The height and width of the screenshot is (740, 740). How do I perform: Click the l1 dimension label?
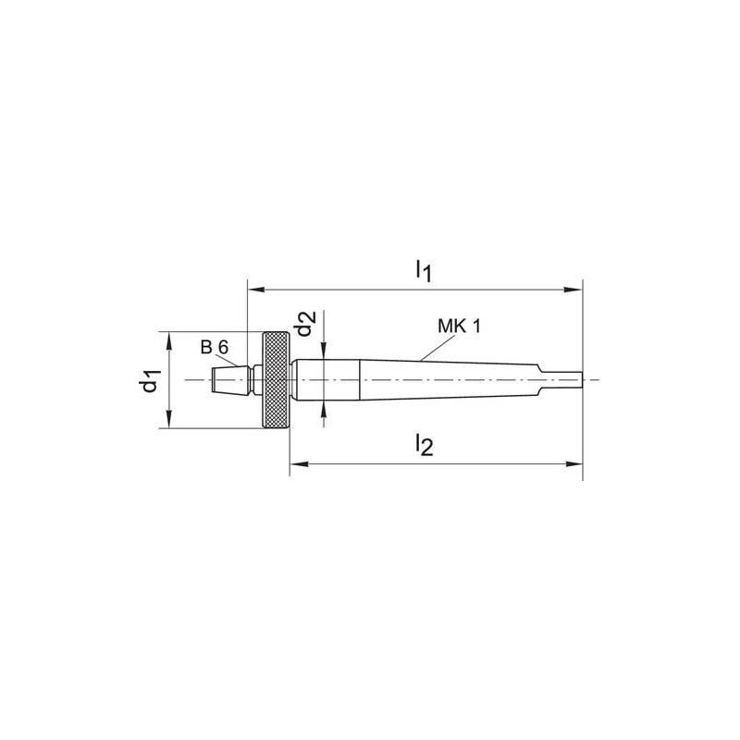point(423,270)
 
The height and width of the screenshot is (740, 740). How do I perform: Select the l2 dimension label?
point(423,447)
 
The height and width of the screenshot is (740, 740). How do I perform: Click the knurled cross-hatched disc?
point(276,380)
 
